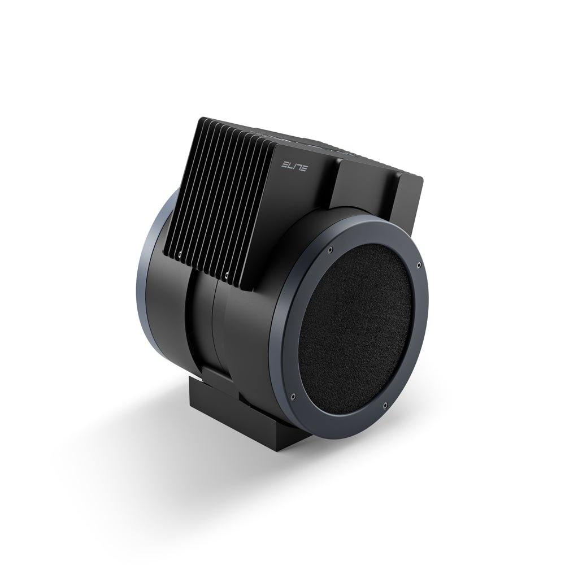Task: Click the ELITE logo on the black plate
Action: [x=294, y=166]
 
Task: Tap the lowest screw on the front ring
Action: [x=384, y=405]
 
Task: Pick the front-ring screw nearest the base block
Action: [x=294, y=396]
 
